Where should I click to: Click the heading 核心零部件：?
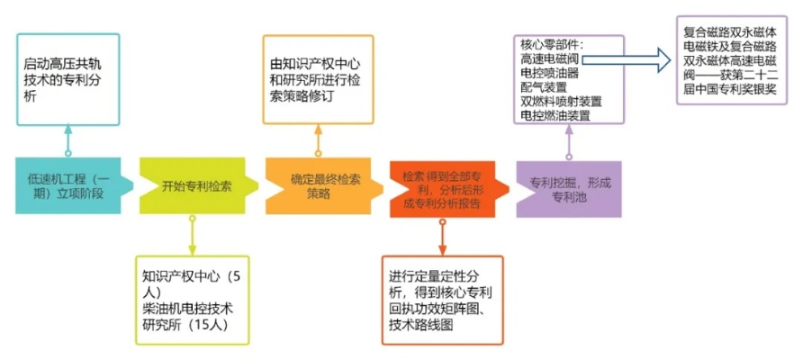click(553, 45)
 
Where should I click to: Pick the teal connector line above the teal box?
click(68, 142)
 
